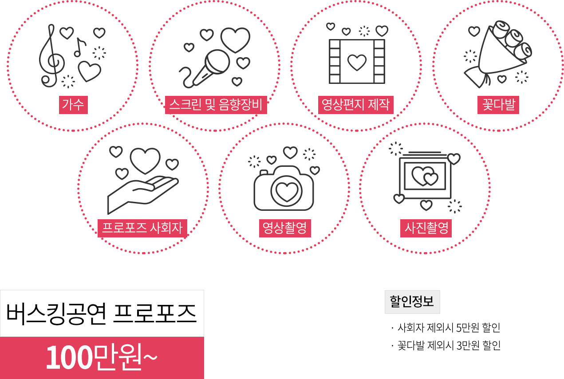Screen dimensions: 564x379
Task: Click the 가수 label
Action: coord(73,105)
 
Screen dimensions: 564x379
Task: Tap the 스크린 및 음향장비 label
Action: coord(216,105)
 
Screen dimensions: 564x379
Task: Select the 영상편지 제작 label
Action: coord(355,105)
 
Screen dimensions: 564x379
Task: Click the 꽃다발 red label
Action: coord(498,105)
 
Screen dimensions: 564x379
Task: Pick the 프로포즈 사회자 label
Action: coord(142,228)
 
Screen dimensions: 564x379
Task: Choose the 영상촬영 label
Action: coord(285,228)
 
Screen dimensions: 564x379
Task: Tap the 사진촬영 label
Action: coord(426,228)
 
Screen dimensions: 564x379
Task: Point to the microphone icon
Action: coord(205,69)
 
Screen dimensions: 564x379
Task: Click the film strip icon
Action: coord(357,61)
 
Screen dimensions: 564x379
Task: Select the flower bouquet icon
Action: coord(498,54)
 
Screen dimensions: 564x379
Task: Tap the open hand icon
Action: coord(143,195)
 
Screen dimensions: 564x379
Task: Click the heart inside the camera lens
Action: coord(287,192)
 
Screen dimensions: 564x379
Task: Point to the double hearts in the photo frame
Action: coord(425,176)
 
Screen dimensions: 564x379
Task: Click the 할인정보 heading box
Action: coord(412,302)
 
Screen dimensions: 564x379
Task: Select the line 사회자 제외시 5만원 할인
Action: coord(446,328)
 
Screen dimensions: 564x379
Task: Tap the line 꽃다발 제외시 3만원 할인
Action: coord(446,346)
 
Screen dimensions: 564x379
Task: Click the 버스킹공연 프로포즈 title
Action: coord(102,314)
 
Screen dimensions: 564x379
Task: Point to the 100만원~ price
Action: coord(102,358)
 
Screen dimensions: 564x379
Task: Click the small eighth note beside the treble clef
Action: coord(79,47)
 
